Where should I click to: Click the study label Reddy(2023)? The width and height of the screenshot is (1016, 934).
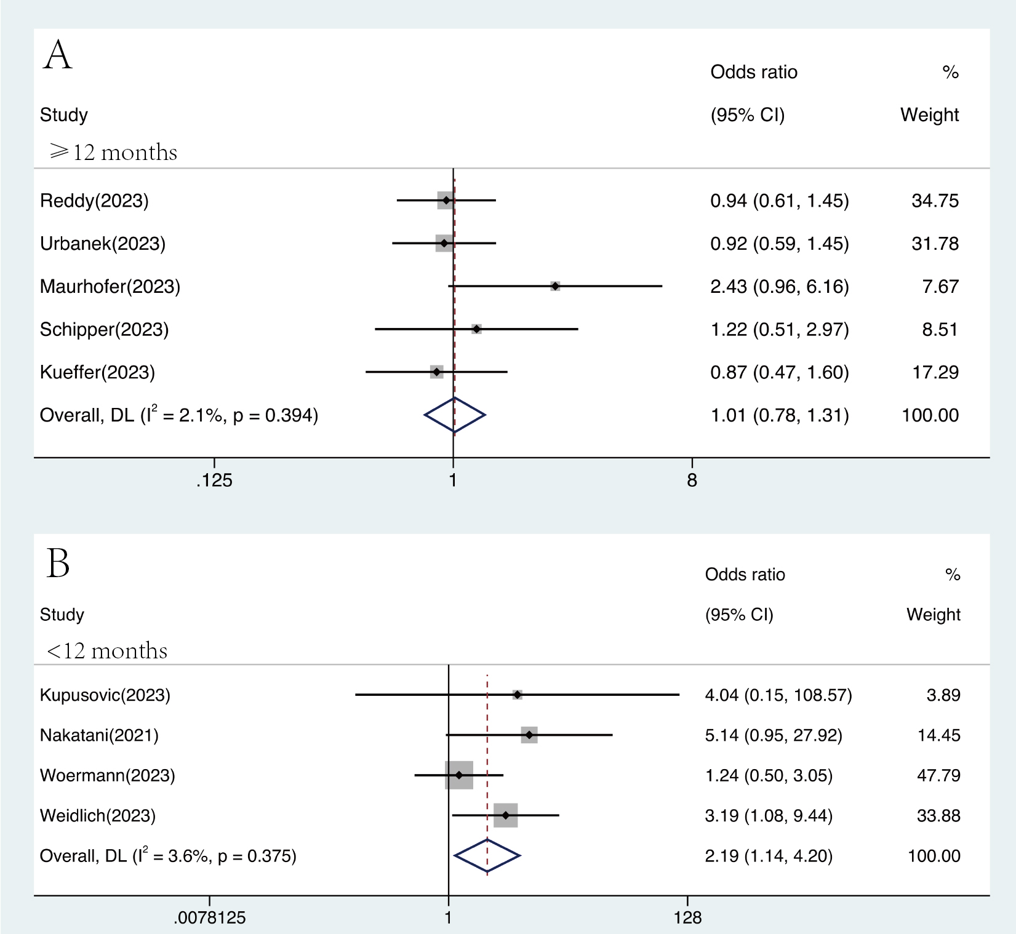[x=94, y=201]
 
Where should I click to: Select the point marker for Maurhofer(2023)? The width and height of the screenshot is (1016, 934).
[x=555, y=286]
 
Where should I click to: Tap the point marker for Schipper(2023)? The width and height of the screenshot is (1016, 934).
[x=476, y=329]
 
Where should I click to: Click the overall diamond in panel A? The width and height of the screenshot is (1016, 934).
[x=454, y=415]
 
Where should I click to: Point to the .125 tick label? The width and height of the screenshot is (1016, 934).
[x=214, y=481]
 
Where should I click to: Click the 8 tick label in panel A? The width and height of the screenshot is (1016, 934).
[x=692, y=481]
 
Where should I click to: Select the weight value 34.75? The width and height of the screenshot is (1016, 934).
[x=935, y=201]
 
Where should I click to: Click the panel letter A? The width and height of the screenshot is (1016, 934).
[x=58, y=55]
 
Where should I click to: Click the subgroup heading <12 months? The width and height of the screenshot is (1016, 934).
[x=107, y=650]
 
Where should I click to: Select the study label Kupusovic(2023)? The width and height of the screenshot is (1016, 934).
[x=105, y=695]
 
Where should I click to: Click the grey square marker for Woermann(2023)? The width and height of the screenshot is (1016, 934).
[x=459, y=775]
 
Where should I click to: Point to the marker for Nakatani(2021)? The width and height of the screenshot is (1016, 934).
[x=529, y=735]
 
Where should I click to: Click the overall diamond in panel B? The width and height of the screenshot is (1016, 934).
[x=487, y=855]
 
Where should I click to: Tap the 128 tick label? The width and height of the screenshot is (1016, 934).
[x=687, y=918]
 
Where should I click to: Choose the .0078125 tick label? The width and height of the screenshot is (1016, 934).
[x=210, y=918]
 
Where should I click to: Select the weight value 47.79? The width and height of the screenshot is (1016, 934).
[x=938, y=775]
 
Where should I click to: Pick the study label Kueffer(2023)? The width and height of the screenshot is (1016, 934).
[x=97, y=372]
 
